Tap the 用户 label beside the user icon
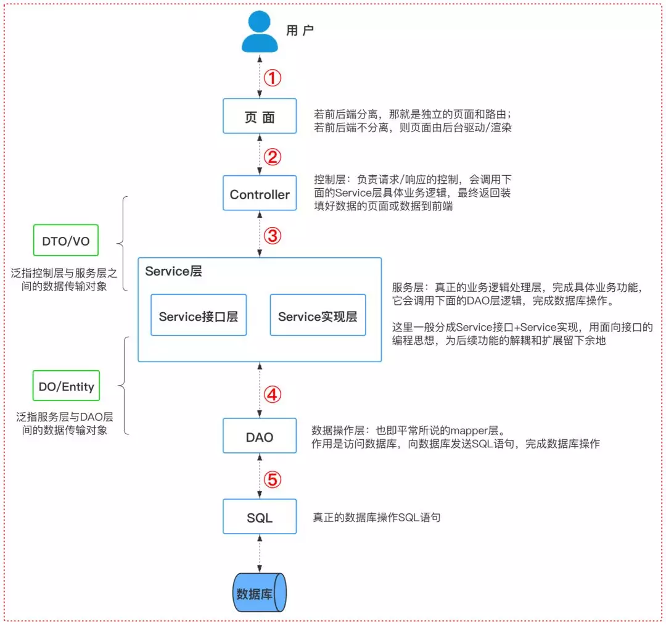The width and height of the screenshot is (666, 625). point(300,30)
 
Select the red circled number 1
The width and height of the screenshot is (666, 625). point(273,78)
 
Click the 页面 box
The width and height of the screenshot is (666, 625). point(260,117)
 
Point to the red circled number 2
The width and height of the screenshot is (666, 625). point(273,157)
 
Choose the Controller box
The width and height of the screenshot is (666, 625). point(260,194)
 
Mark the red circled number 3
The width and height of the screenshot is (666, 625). point(273,235)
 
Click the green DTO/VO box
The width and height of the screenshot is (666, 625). point(66,241)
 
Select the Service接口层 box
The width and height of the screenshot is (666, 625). point(198,317)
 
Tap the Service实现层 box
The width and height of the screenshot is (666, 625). point(318,317)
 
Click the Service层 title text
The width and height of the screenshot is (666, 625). point(173,271)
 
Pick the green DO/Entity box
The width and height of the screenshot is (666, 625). point(66,387)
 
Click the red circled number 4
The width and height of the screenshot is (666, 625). point(273,394)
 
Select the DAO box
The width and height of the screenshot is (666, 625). point(260,437)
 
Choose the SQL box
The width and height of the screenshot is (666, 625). point(260,518)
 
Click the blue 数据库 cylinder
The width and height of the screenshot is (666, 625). point(260,593)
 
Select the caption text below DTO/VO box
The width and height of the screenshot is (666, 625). point(64,279)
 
